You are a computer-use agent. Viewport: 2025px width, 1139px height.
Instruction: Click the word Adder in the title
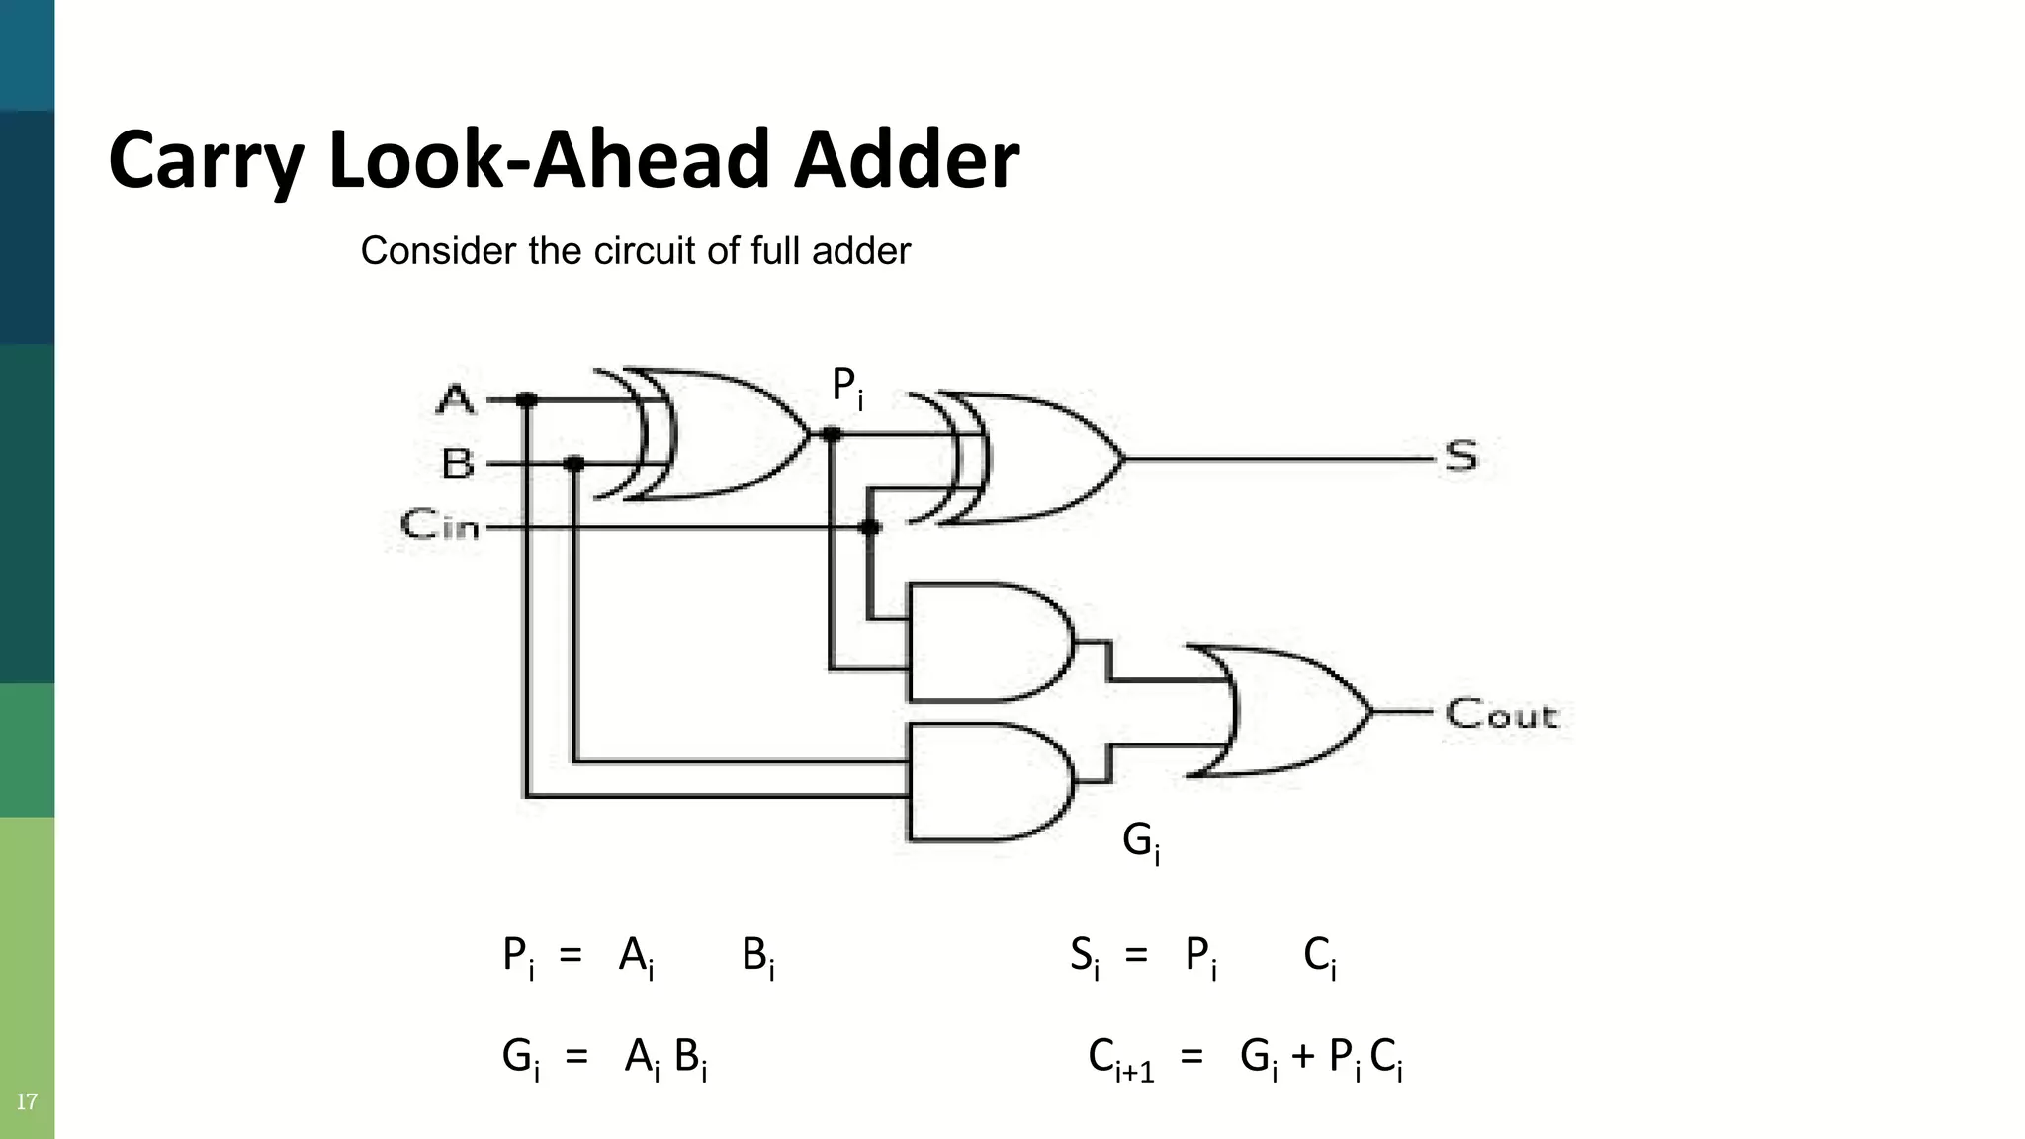pos(906,160)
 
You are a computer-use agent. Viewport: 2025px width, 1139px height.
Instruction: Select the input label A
pos(456,400)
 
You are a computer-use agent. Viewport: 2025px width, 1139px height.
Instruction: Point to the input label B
pos(458,463)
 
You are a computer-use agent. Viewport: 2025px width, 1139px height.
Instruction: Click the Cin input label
pos(440,524)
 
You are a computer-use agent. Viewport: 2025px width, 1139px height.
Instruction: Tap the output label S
pos(1460,457)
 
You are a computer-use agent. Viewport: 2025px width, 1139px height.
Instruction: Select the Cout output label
pos(1501,714)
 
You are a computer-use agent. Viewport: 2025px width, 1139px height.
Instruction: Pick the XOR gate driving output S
pos(1028,458)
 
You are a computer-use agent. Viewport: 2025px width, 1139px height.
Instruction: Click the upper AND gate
pos(984,643)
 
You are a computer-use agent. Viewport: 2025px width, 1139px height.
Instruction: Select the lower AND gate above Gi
pos(984,781)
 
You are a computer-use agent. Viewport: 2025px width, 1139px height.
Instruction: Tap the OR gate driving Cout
pos(1285,710)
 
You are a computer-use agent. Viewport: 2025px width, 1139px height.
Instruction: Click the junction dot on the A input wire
pos(527,400)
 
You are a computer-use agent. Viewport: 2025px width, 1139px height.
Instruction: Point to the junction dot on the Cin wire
pos(869,528)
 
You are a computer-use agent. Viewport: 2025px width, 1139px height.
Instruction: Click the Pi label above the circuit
pos(846,386)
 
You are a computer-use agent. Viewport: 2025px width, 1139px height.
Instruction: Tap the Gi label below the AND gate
pos(1140,841)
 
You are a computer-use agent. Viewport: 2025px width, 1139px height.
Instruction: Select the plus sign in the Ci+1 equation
pos(1302,1057)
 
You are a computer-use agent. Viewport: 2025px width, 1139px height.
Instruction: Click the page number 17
pos(27,1101)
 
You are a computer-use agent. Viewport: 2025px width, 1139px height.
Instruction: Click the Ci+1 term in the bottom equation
pos(1120,1059)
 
